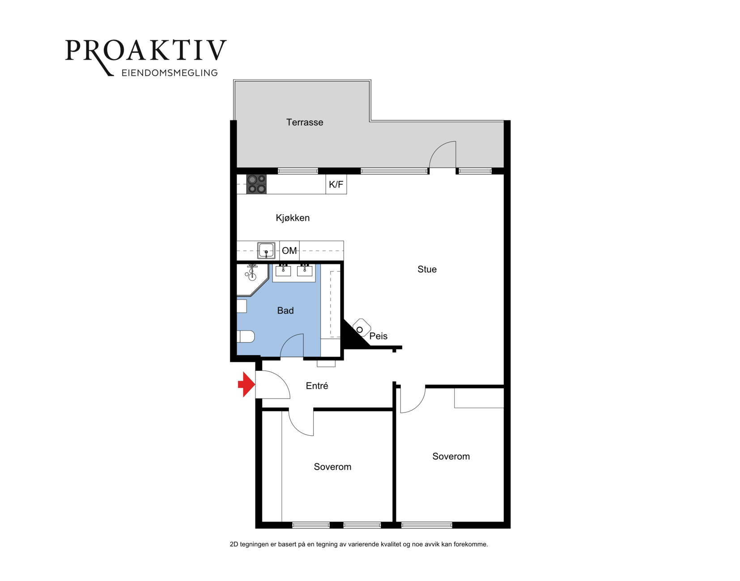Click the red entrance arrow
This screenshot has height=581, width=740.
click(x=247, y=384)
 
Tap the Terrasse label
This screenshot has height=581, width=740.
click(x=304, y=122)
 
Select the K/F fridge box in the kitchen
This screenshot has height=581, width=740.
click(x=336, y=184)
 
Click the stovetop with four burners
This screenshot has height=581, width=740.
click(x=256, y=184)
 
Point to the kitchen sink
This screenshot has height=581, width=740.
click(x=266, y=250)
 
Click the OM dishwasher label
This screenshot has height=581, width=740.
click(x=289, y=250)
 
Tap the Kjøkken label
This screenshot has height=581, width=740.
click(x=293, y=218)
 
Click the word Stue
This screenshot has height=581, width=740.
click(x=427, y=269)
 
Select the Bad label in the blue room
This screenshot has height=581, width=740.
click(x=285, y=310)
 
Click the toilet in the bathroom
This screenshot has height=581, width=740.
click(x=246, y=337)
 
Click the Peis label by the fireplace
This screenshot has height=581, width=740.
click(x=379, y=336)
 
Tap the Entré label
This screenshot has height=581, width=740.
click(x=317, y=386)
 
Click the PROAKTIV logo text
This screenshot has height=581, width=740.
click(x=146, y=51)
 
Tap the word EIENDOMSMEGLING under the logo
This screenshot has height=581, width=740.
click(x=170, y=72)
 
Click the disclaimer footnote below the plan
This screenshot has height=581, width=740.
click(x=359, y=544)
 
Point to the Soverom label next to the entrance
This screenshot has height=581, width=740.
click(x=332, y=466)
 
